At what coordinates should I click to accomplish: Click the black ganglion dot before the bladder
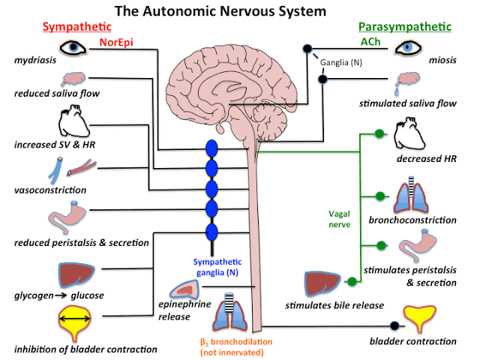pyautogui.click(x=394, y=326)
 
